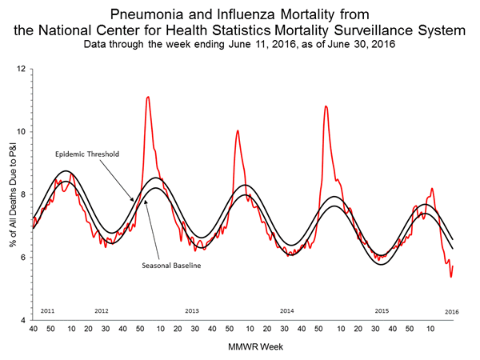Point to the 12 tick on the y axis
[22, 69]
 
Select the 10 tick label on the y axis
[22, 131]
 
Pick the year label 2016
[451, 310]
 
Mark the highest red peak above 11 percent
[148, 97]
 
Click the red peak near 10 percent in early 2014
[237, 130]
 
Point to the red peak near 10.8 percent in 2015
[325, 106]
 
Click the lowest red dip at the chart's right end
[451, 277]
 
